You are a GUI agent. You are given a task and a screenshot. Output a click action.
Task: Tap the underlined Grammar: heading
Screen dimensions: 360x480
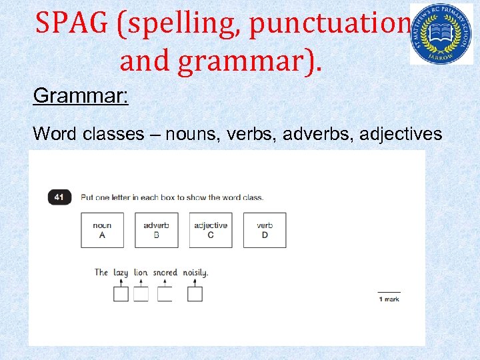(81, 96)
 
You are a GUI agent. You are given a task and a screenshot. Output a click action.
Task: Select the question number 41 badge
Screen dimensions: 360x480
(59, 197)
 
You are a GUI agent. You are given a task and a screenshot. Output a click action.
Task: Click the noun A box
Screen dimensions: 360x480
(102, 230)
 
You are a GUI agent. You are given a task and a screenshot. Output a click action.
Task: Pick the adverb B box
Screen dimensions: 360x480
(156, 230)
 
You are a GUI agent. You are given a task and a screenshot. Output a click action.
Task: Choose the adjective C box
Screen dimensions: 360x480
(211, 230)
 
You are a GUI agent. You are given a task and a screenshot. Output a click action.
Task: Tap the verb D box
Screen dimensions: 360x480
(265, 230)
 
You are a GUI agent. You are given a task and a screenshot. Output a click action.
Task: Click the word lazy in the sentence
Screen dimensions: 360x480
(121, 272)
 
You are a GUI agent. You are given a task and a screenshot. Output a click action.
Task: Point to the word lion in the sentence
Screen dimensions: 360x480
(141, 272)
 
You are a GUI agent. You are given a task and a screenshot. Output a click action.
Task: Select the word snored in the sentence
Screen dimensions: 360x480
(165, 272)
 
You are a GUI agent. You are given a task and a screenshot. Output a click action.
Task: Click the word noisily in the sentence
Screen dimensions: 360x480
(195, 272)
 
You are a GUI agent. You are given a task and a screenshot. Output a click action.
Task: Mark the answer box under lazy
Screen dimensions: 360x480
(121, 294)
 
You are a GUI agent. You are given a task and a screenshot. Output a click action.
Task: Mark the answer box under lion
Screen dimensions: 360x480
(141, 294)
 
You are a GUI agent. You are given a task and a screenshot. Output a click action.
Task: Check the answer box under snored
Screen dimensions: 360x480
(165, 294)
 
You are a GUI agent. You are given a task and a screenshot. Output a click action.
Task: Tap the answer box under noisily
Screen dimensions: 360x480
(195, 294)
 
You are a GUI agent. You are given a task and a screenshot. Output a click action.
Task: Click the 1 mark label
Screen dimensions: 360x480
(389, 299)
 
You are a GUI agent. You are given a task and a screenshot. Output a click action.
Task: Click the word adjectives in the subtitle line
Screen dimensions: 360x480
(401, 134)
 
